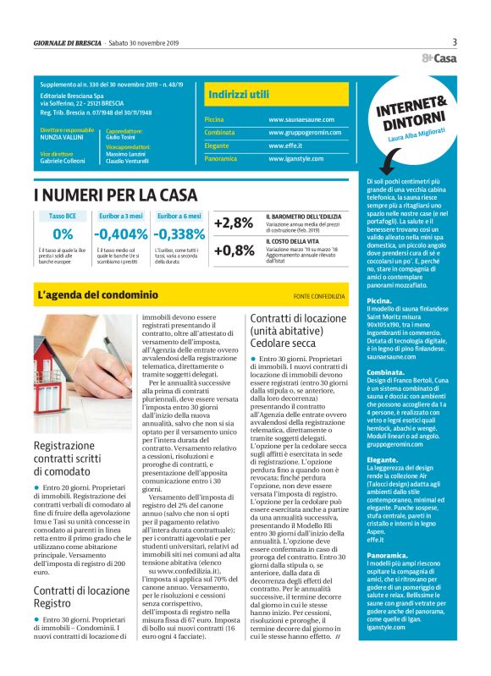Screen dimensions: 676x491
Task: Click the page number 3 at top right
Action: click(x=455, y=42)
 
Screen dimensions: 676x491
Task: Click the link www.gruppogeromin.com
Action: click(x=305, y=133)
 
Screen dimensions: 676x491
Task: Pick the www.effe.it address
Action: click(x=286, y=146)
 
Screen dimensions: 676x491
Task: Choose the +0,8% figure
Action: click(x=234, y=250)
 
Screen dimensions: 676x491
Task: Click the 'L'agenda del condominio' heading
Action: click(x=97, y=295)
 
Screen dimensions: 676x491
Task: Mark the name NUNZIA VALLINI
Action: click(x=63, y=137)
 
